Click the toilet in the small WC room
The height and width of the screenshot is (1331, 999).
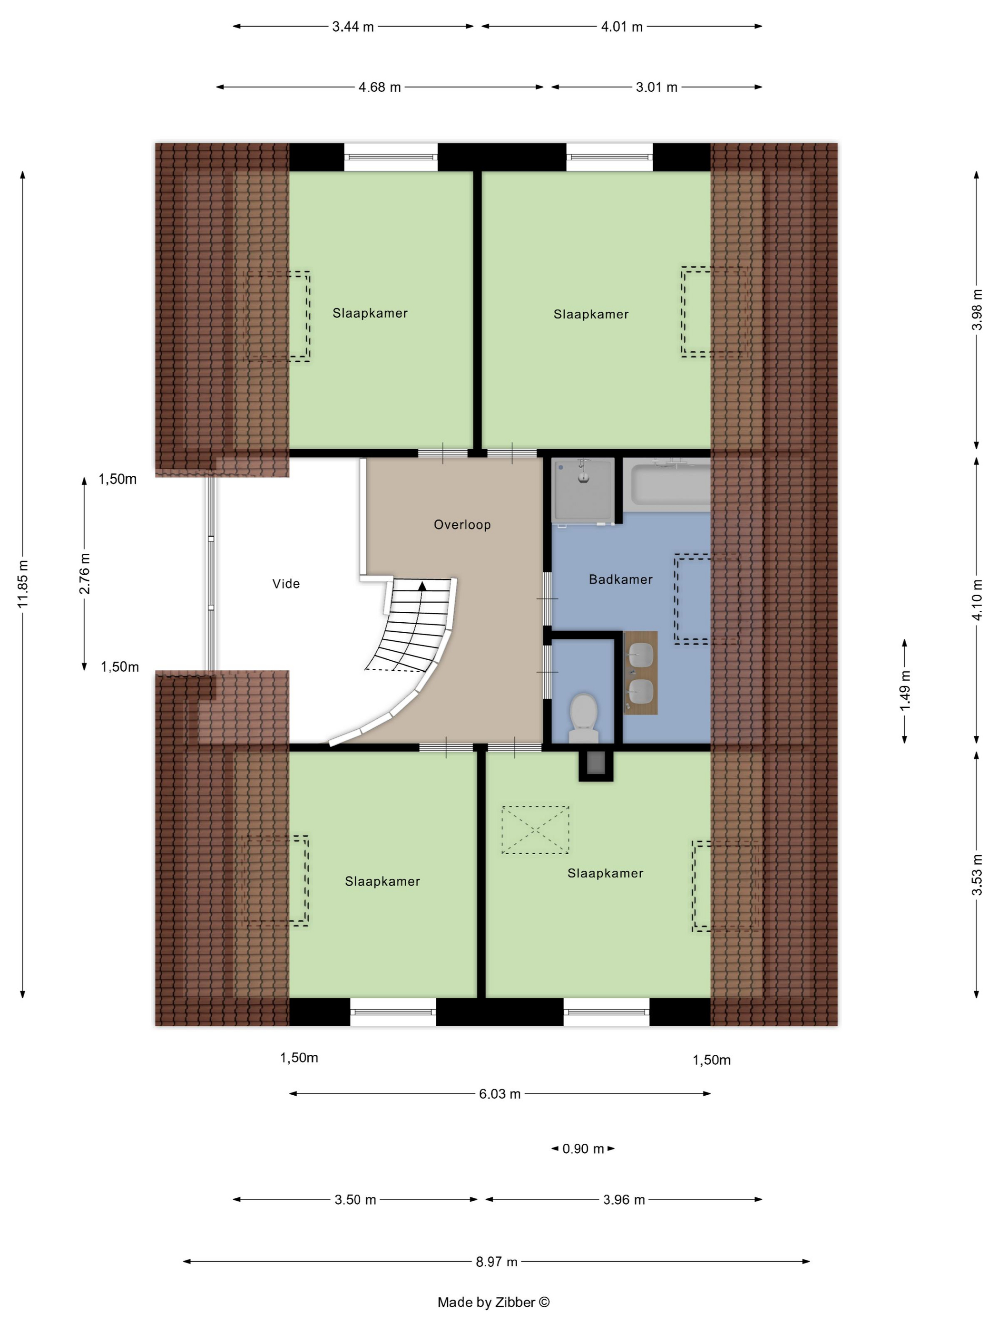pos(583,718)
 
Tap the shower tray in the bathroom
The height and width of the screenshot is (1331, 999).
pos(583,489)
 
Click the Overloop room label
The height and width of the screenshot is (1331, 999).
pos(462,525)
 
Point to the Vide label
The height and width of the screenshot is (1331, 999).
pos(285,584)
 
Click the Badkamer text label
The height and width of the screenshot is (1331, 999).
pos(620,579)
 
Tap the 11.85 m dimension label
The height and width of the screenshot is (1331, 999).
pos(23,583)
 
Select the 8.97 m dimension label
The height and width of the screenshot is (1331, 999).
pos(496,1262)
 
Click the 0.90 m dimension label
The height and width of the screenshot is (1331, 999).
pos(582,1148)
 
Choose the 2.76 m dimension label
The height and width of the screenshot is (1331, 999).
pos(84,573)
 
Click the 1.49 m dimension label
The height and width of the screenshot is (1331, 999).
pos(904,690)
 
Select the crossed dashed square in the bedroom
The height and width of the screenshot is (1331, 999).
pos(535,830)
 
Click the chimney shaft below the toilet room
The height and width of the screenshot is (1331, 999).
pos(596,766)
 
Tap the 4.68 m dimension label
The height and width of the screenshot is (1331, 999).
pos(379,87)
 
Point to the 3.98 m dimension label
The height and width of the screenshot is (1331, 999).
pos(977,309)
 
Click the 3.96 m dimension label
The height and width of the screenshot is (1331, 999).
pos(624,1200)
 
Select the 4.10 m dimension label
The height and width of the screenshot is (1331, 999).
pos(977,599)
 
